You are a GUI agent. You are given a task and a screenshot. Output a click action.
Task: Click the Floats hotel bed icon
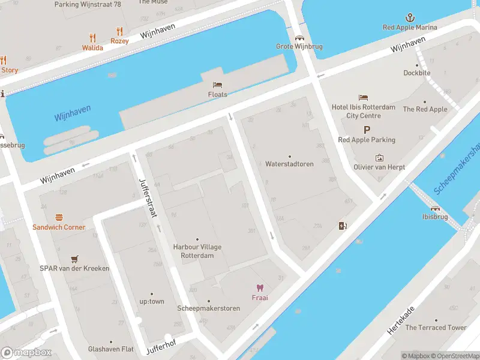(x=217, y=85)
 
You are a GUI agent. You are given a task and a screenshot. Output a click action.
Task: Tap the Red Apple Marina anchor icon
(x=410, y=17)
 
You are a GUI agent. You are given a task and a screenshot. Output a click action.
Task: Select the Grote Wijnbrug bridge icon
(x=298, y=37)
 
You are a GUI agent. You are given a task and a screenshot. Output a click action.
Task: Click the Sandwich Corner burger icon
(x=59, y=217)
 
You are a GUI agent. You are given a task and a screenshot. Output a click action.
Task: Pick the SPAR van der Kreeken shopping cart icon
(x=74, y=259)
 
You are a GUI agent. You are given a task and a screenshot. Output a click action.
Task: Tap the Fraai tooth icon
(x=260, y=288)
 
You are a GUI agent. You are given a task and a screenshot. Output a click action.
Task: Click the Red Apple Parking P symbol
(x=366, y=130)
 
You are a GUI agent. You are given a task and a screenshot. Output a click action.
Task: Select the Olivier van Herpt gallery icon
(x=379, y=158)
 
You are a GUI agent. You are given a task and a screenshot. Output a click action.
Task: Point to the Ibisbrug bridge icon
(x=435, y=208)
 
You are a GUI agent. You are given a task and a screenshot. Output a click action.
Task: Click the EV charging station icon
(x=343, y=226)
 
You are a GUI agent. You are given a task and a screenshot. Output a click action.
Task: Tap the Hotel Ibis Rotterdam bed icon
(x=363, y=97)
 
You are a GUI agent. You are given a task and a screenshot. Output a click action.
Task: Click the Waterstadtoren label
(x=289, y=164)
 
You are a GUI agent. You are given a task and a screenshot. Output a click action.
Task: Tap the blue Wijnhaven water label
(x=72, y=112)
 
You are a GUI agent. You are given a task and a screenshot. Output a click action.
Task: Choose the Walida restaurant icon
(x=92, y=37)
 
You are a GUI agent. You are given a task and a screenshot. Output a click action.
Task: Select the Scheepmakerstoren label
(x=209, y=308)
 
